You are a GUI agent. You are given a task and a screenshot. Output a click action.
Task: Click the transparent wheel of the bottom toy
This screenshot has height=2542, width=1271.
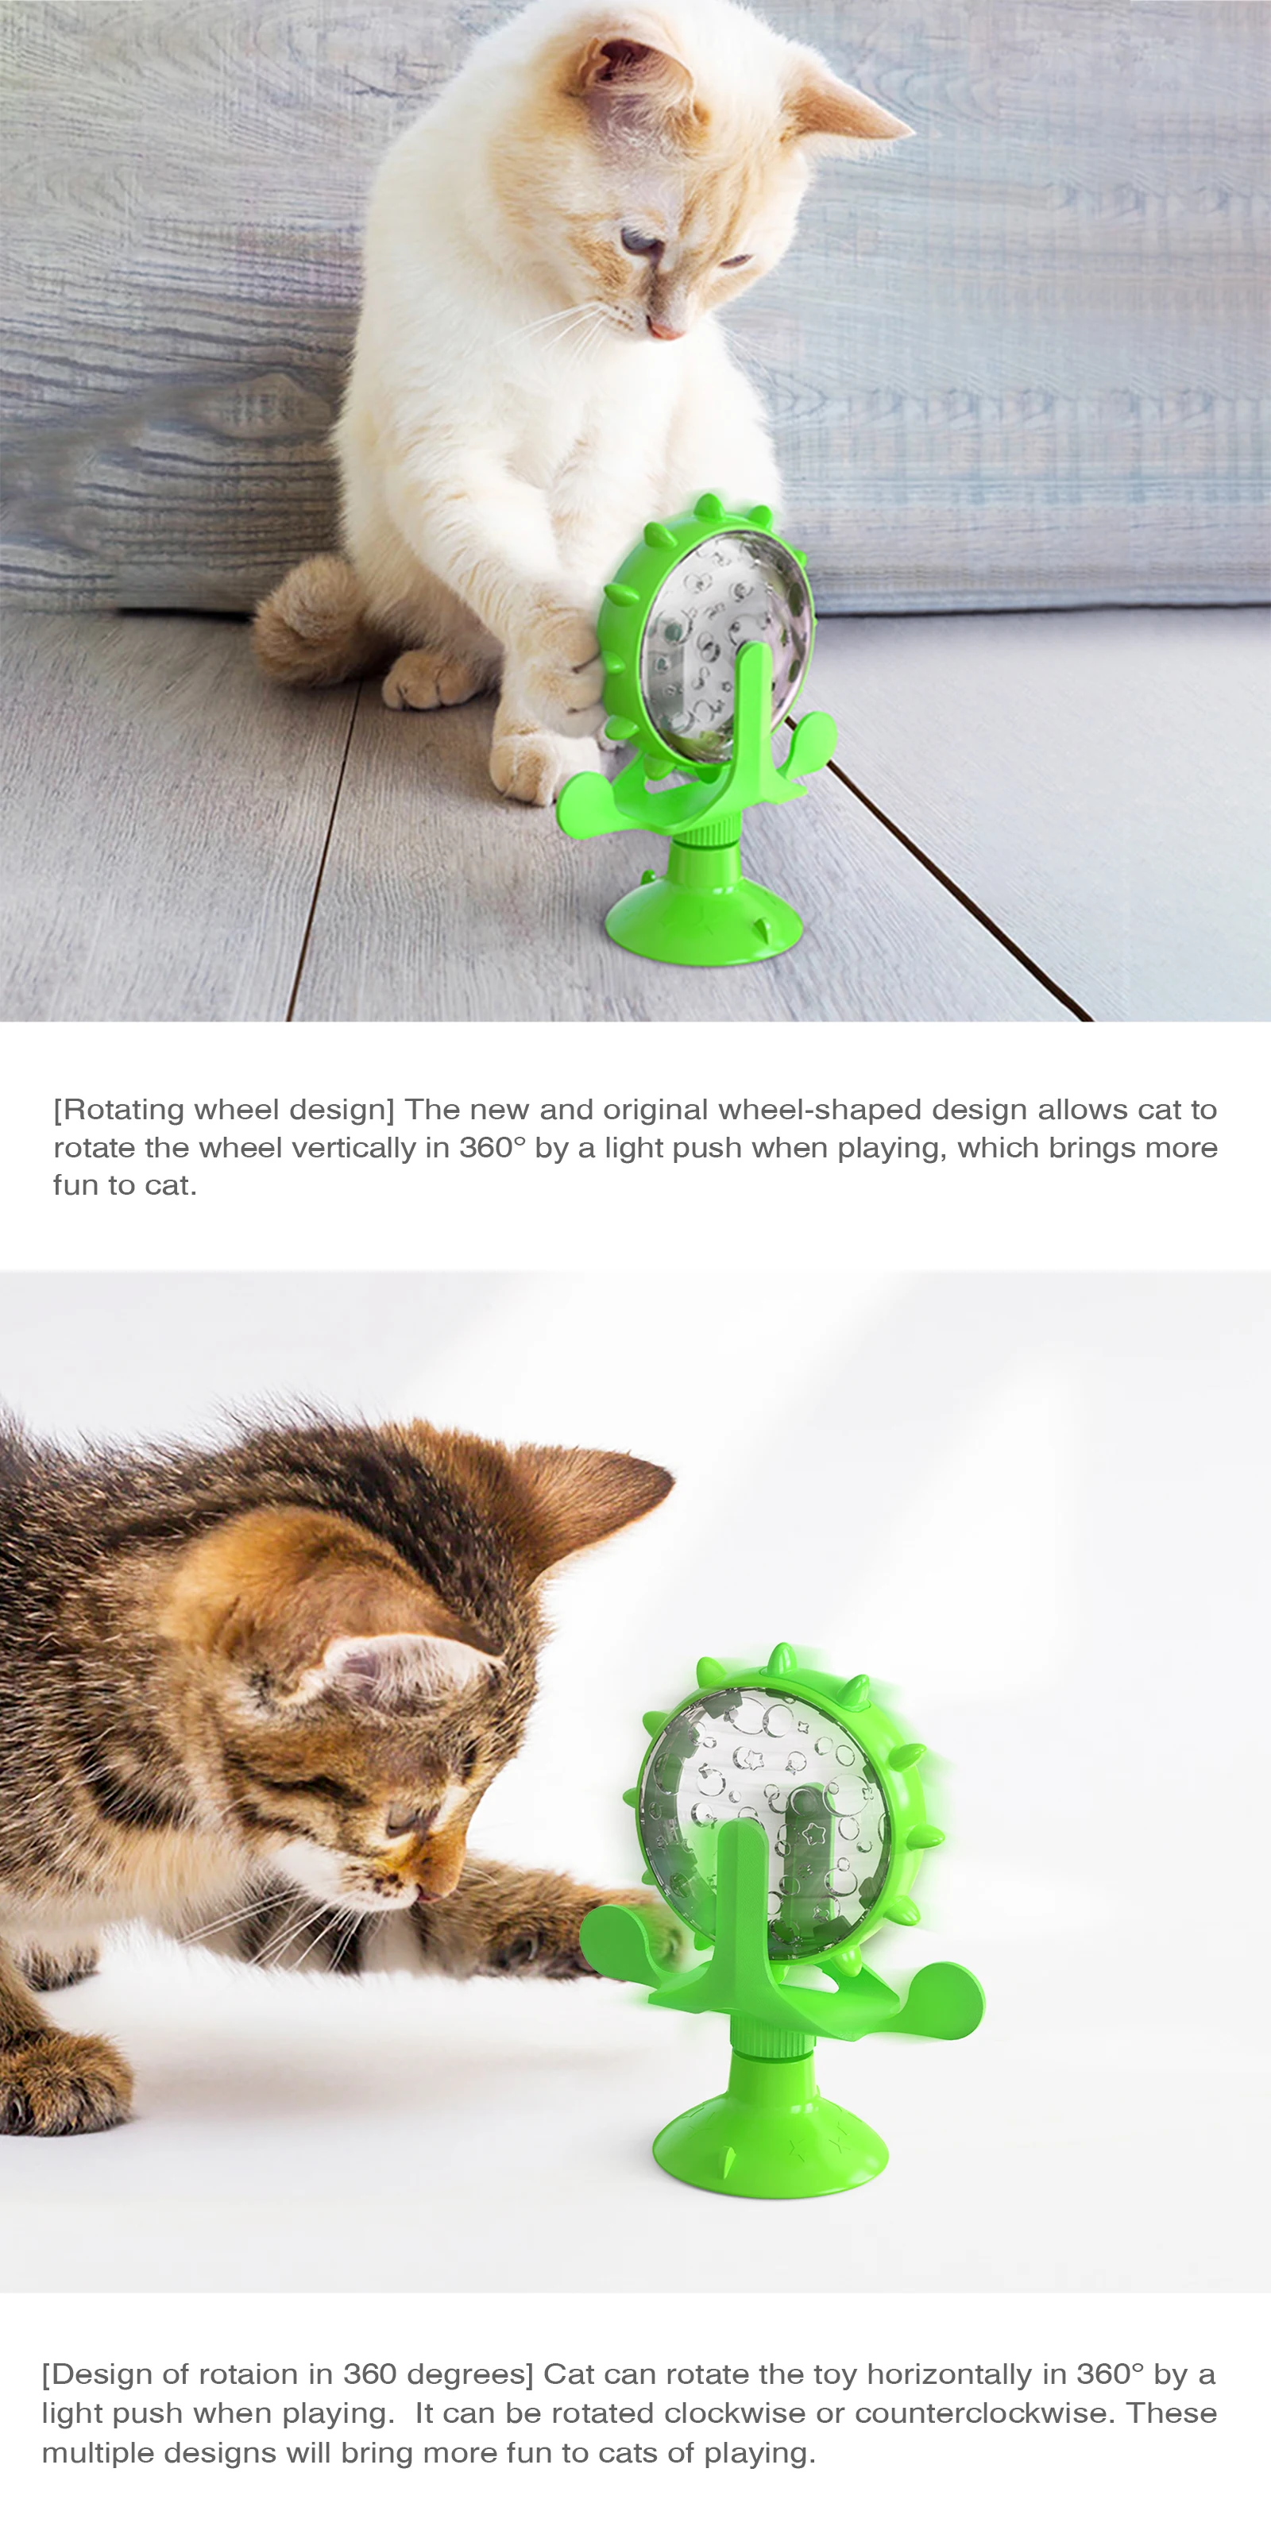[765, 1806]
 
